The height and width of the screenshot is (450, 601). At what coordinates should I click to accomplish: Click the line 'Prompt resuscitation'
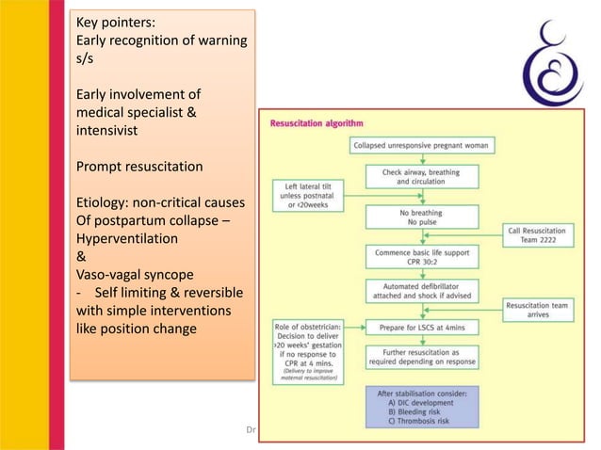tap(138, 167)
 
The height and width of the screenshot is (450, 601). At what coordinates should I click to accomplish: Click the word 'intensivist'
tap(108, 131)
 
